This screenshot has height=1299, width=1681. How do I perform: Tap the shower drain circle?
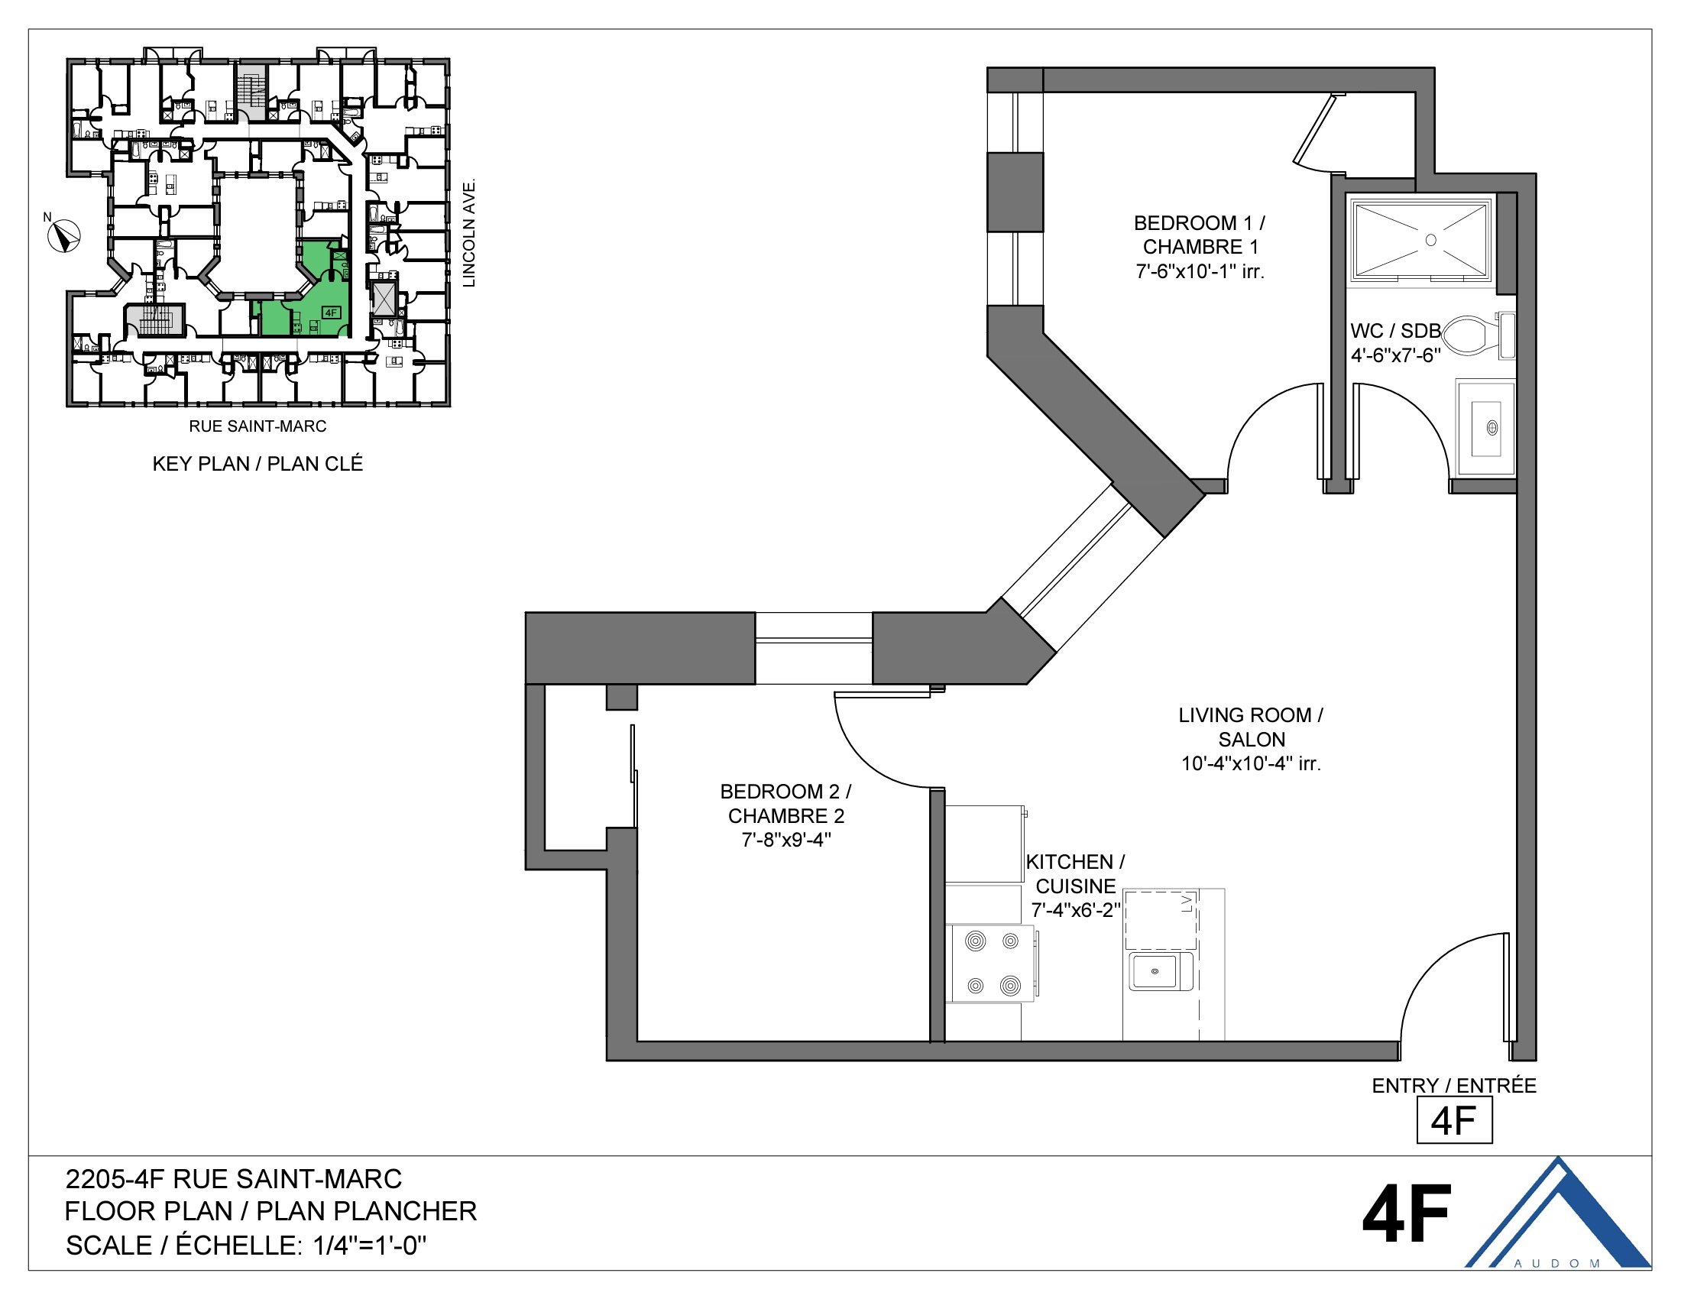pyautogui.click(x=1431, y=240)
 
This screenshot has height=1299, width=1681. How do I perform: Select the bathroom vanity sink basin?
pyautogui.click(x=1486, y=428)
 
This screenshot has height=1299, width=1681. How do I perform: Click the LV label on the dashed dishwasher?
pyautogui.click(x=1186, y=902)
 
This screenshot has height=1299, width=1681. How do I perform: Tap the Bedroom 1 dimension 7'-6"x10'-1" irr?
pyautogui.click(x=1200, y=272)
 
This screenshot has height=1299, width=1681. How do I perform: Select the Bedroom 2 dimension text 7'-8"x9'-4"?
pyautogui.click(x=785, y=840)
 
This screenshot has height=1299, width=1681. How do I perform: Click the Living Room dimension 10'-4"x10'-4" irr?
pyautogui.click(x=1251, y=763)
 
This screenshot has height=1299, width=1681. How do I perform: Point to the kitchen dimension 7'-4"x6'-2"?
pyautogui.click(x=1075, y=910)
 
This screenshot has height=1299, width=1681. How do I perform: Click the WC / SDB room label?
pyautogui.click(x=1394, y=331)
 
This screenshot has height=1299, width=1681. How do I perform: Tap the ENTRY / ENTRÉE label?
pyautogui.click(x=1454, y=1086)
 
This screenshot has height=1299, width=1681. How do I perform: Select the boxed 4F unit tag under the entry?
pyautogui.click(x=1454, y=1120)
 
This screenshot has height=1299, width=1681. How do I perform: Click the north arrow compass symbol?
pyautogui.click(x=64, y=235)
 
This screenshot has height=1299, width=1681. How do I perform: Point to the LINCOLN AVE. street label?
pyautogui.click(x=468, y=233)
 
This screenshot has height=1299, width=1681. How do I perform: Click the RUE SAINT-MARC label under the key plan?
pyautogui.click(x=257, y=426)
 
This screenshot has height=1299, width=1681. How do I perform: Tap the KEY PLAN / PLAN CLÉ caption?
pyautogui.click(x=257, y=463)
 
